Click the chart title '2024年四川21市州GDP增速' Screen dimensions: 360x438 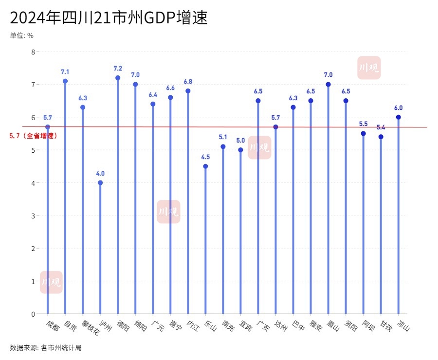pyautogui.click(x=109, y=18)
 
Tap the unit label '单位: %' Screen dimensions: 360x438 pyautogui.click(x=21, y=36)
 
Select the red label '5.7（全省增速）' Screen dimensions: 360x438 pyautogui.click(x=34, y=136)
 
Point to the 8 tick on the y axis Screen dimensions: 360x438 pyautogui.click(x=33, y=52)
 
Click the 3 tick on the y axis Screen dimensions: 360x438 pyautogui.click(x=33, y=216)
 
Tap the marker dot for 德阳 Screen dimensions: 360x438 pyautogui.click(x=118, y=78)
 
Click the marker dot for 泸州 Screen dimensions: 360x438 pyautogui.click(x=100, y=183)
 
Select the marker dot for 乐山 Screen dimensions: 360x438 pyautogui.click(x=205, y=166)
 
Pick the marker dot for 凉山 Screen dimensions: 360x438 pyautogui.click(x=398, y=117)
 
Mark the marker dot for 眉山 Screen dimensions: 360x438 pyautogui.click(x=328, y=84)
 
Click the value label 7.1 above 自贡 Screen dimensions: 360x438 pyautogui.click(x=65, y=72)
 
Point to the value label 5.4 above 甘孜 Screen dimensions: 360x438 pyautogui.click(x=381, y=127)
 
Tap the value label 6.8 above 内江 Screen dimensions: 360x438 pyautogui.click(x=188, y=81)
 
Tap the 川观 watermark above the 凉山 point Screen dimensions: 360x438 pyautogui.click(x=369, y=68)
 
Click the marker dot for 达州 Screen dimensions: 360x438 pyautogui.click(x=275, y=127)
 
